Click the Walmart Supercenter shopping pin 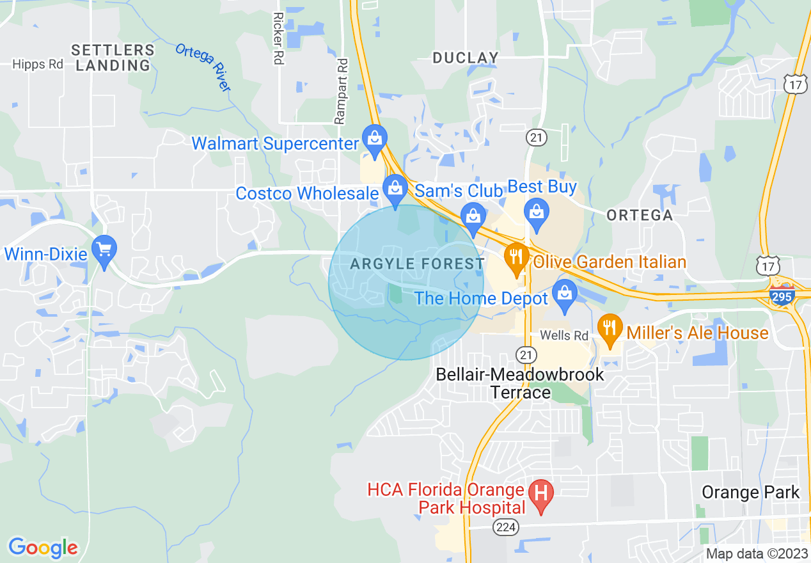coord(373,138)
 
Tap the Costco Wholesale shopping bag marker coord(395,188)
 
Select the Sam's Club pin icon coord(473,216)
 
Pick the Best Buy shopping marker coord(536,211)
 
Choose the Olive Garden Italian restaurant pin coord(514,257)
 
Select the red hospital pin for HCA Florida coord(541,493)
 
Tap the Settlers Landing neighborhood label coord(113,58)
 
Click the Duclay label coord(465,58)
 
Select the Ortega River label coord(203,67)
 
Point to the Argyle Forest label coord(417,264)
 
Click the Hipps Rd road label coord(38,64)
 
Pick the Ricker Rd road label coord(278,38)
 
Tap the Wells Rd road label coord(563,335)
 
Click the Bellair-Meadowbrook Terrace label coord(519,383)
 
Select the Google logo coord(43,548)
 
